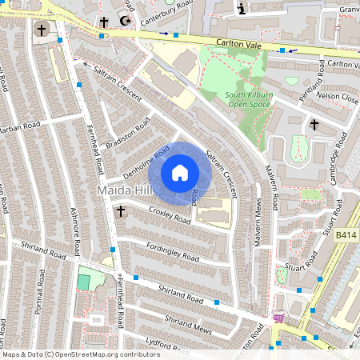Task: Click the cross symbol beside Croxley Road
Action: click(x=121, y=210)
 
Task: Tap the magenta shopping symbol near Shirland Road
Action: click(x=278, y=318)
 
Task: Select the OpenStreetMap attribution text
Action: click(x=80, y=354)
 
